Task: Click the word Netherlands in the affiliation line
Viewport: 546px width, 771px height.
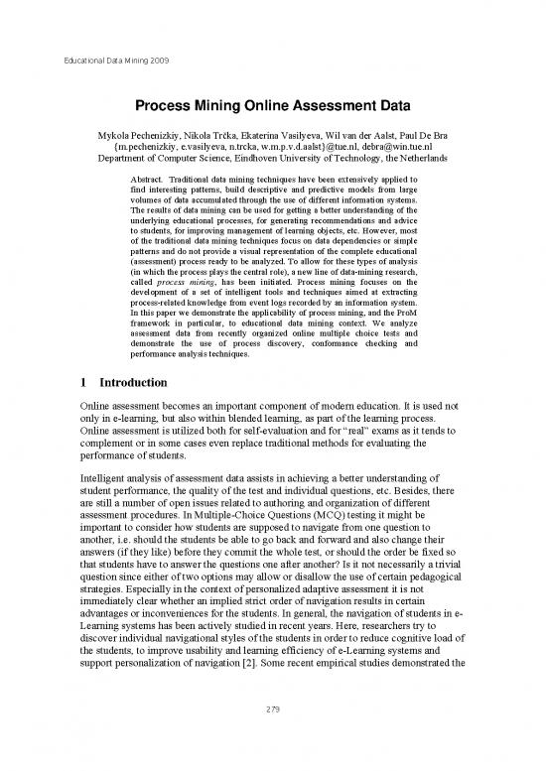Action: [414, 158]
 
